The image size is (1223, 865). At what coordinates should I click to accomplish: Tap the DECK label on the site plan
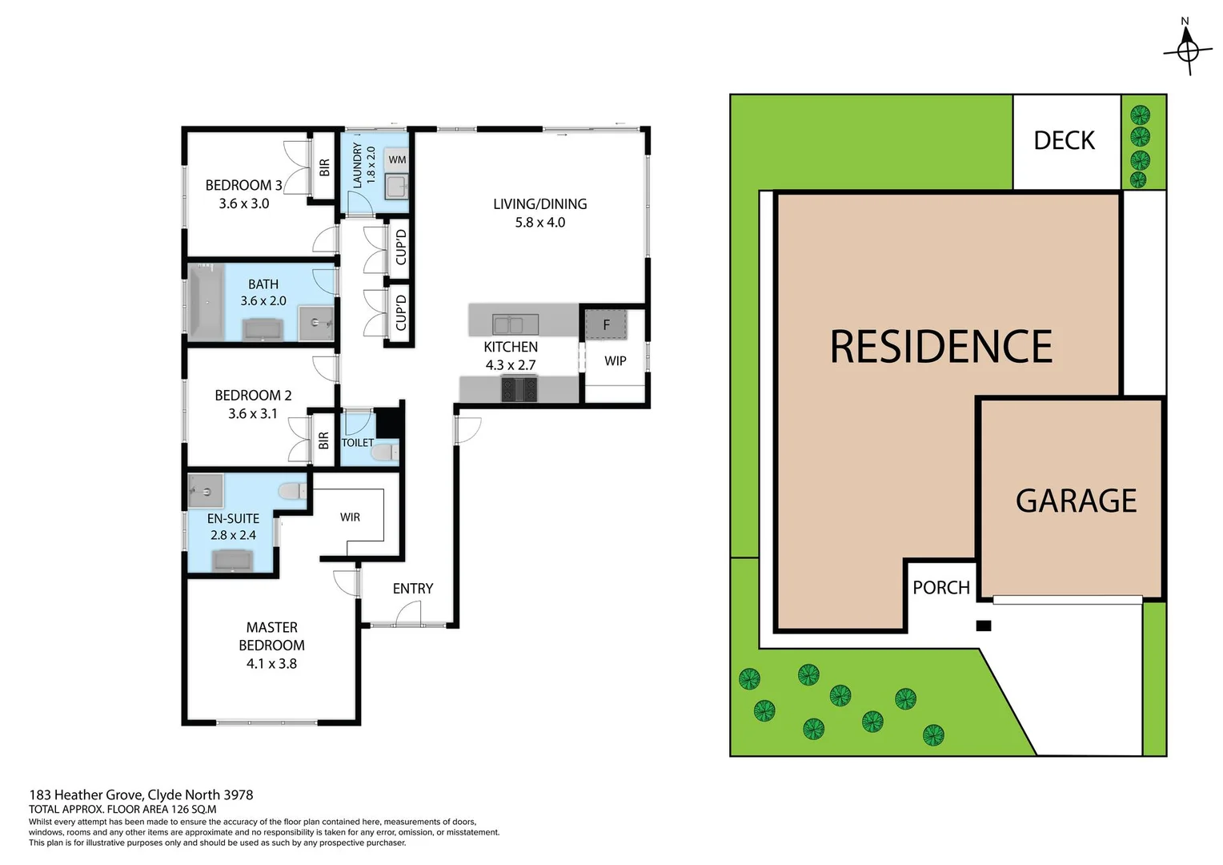[1064, 141]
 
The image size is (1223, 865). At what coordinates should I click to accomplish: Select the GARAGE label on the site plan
[1076, 501]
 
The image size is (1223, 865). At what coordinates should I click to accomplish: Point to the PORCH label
[941, 588]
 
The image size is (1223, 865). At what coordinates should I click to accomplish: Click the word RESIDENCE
[940, 347]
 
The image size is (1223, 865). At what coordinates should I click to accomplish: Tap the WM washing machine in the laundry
[397, 160]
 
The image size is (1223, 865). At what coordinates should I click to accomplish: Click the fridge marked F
[606, 325]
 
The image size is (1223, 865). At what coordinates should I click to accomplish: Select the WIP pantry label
[615, 361]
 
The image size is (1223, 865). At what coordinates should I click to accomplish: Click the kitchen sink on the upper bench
[515, 324]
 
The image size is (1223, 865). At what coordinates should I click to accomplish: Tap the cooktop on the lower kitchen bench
[519, 390]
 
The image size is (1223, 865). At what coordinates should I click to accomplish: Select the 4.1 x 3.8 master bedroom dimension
[271, 664]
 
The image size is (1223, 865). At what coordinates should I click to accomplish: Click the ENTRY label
[413, 589]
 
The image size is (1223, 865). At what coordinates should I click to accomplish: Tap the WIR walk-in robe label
[350, 517]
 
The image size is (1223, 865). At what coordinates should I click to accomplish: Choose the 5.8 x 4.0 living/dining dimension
[539, 223]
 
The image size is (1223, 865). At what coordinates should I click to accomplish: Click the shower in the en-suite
[205, 490]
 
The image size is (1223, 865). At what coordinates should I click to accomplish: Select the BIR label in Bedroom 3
[324, 167]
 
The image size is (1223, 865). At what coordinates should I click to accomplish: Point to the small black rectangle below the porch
[984, 626]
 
